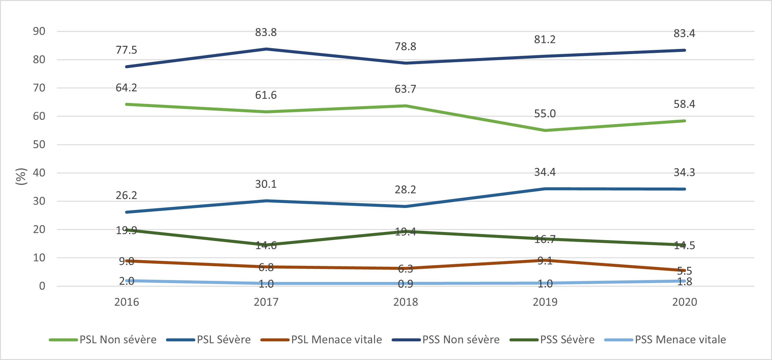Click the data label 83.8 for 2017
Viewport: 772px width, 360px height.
pos(266,32)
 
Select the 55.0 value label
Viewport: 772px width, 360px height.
pos(545,114)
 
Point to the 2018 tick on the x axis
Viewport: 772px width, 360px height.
pos(405,302)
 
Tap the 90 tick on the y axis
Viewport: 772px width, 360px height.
pos(39,31)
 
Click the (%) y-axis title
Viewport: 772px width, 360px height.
pos(21,176)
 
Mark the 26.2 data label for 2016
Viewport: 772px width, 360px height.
pos(126,195)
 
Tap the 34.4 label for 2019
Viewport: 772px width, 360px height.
pos(545,172)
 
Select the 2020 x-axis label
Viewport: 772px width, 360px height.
pos(684,302)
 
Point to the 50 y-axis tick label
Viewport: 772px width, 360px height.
pos(39,145)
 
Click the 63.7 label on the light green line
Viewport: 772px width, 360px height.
pos(405,89)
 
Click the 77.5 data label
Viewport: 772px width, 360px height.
pos(126,50)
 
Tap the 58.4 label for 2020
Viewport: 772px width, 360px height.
pos(684,104)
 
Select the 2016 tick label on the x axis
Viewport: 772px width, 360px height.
pos(127,302)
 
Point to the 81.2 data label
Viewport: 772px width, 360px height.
pos(545,39)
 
